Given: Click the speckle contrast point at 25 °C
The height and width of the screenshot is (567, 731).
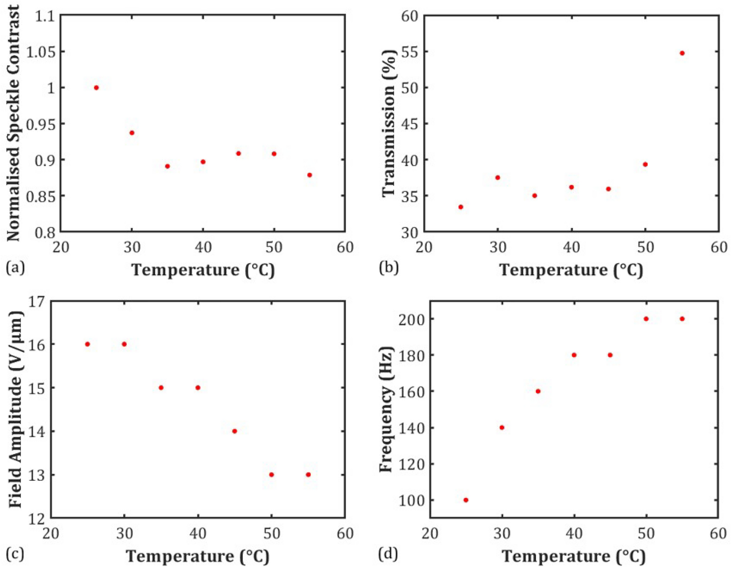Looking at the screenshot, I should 96,88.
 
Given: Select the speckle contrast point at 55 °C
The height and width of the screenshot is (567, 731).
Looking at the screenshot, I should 309,175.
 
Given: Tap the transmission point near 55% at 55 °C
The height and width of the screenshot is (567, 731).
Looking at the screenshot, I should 682,53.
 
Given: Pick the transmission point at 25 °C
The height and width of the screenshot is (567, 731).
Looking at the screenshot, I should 461,207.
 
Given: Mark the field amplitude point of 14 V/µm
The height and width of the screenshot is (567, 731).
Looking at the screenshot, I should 235,431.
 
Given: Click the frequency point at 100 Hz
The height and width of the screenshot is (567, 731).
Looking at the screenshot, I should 466,500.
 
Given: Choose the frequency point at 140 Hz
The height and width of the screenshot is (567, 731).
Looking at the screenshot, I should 502,427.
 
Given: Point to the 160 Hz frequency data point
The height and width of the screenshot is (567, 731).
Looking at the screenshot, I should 538,391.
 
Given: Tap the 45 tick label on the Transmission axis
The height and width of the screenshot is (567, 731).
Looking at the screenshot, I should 410,124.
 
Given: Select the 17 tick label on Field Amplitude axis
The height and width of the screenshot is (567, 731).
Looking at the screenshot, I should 37,302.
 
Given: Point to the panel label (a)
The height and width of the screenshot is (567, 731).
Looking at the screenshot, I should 15,268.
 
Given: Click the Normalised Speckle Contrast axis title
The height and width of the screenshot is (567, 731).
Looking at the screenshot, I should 13,123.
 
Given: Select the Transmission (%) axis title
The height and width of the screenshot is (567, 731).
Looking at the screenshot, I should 389,123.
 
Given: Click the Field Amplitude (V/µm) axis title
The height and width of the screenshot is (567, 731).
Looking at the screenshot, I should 15,409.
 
